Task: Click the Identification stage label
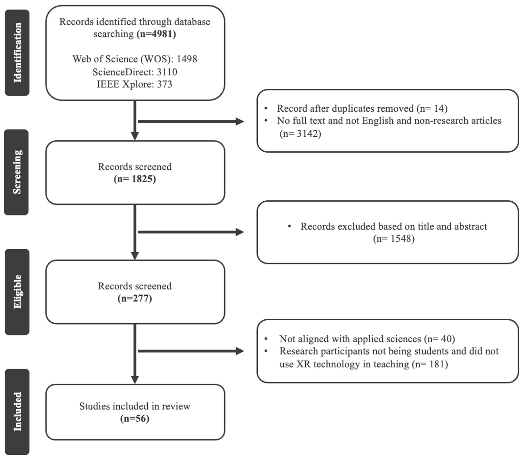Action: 17,53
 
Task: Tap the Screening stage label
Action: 17,172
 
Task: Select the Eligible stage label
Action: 17,292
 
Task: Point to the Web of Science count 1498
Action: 187,59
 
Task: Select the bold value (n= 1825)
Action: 135,179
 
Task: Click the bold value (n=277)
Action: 135,298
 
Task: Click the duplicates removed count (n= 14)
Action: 432,108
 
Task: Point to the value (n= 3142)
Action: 300,133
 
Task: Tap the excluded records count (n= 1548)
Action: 394,239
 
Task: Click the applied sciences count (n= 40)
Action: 439,339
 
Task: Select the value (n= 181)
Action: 430,364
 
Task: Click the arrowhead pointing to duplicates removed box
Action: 239,122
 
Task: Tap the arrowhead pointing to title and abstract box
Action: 239,232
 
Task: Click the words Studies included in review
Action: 135,406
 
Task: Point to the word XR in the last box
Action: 303,364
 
